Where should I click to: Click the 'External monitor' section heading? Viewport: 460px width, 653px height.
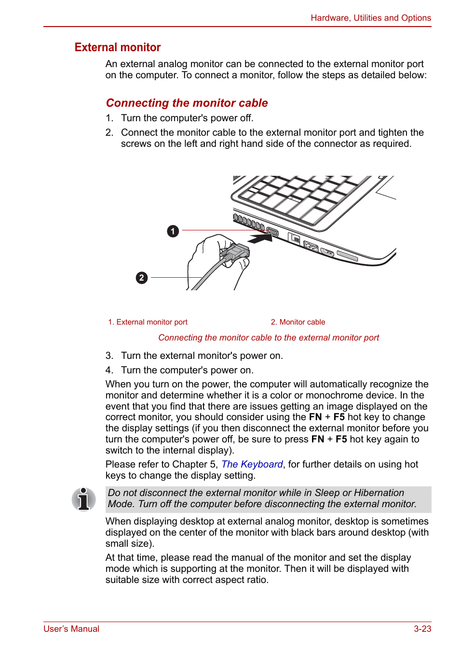point(118,47)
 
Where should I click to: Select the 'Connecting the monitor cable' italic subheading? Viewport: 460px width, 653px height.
point(187,103)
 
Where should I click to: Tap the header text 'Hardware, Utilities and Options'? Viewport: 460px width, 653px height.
point(370,18)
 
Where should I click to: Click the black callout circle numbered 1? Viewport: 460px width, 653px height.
point(173,231)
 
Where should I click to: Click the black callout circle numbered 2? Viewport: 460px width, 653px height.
point(141,278)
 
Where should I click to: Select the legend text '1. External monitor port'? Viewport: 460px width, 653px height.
point(148,322)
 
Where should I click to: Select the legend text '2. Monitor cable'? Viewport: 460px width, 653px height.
point(298,322)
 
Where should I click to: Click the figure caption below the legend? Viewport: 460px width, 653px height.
point(269,338)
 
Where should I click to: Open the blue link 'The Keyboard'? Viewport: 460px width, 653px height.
point(252,464)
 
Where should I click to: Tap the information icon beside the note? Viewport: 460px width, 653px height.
point(83,499)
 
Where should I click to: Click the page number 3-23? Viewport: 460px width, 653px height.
point(422,629)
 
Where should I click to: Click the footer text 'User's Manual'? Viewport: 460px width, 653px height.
point(71,629)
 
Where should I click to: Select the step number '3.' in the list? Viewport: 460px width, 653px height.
point(109,356)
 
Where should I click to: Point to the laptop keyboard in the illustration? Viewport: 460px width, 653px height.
point(299,196)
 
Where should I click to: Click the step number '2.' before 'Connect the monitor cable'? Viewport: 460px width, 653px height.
point(109,133)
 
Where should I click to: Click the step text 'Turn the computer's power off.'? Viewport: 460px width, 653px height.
point(187,118)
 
